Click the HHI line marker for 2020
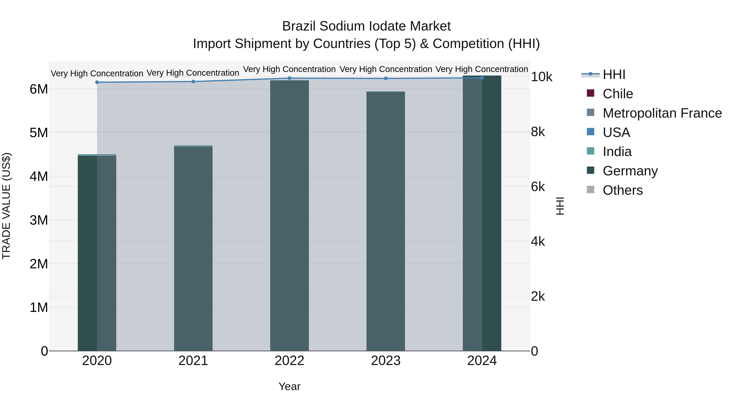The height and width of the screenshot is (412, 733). click(97, 82)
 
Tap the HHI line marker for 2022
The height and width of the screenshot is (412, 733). click(289, 78)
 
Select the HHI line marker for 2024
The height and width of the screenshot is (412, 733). click(482, 78)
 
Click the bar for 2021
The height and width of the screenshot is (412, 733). click(193, 249)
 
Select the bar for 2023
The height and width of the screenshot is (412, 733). click(386, 222)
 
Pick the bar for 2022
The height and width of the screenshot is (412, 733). click(289, 216)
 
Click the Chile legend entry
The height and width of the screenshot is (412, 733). click(618, 94)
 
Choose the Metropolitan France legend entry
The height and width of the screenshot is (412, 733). click(662, 113)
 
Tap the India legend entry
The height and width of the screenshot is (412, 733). click(617, 152)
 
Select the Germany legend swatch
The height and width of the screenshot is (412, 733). click(590, 170)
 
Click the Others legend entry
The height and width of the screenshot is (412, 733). click(622, 190)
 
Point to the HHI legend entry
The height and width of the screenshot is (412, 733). click(614, 74)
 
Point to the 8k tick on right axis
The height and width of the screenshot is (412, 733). click(538, 132)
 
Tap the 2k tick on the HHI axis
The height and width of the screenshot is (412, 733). click(538, 297)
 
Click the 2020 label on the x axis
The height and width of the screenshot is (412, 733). click(97, 361)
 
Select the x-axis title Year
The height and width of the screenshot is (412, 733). click(289, 386)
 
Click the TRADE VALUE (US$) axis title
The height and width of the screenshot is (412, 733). click(6, 206)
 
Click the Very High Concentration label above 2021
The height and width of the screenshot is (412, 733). click(193, 73)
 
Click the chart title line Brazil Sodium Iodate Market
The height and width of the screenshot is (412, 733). click(366, 26)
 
